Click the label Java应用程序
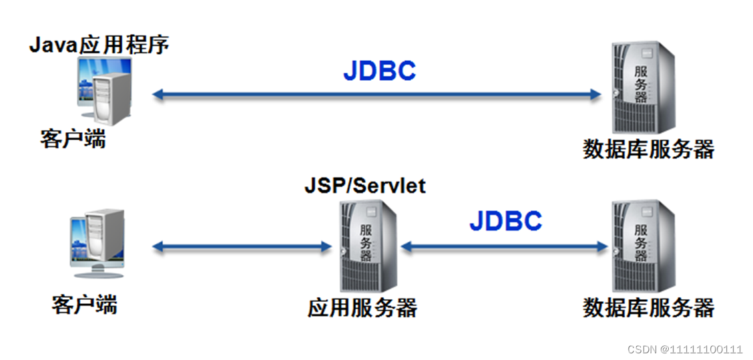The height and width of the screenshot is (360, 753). coord(99,45)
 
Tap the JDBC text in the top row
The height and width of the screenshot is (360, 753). coord(379,71)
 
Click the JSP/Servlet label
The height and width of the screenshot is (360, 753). coord(365,185)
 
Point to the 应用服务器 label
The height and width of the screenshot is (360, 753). coord(362,308)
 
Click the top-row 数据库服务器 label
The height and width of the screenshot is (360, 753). coord(649,149)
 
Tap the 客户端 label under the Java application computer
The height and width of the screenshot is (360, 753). coord(73,140)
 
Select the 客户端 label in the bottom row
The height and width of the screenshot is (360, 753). coord(85,305)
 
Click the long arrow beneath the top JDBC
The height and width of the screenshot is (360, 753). coord(376,95)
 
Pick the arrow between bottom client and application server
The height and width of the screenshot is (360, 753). coord(242,247)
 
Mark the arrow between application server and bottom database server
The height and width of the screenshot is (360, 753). coord(504,247)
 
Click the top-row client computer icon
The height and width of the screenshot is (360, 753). coord(105,90)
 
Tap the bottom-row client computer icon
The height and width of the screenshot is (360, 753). coord(97,243)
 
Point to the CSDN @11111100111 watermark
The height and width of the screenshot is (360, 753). coord(685,349)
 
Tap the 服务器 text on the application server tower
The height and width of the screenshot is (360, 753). coord(366,243)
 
